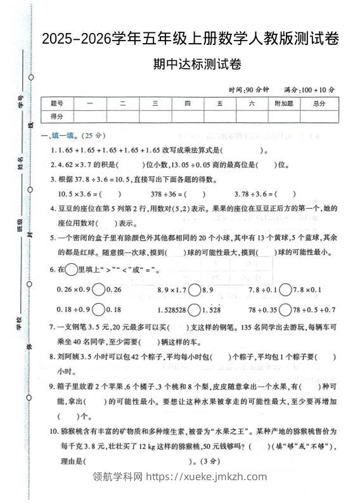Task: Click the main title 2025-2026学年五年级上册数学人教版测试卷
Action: click(x=190, y=40)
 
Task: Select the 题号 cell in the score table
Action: click(x=57, y=103)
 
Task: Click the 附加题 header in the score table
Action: click(x=283, y=103)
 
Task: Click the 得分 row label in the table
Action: click(x=57, y=116)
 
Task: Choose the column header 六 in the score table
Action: click(x=252, y=103)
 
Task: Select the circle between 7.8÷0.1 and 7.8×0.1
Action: click(x=286, y=289)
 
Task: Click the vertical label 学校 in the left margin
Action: click(x=20, y=325)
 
